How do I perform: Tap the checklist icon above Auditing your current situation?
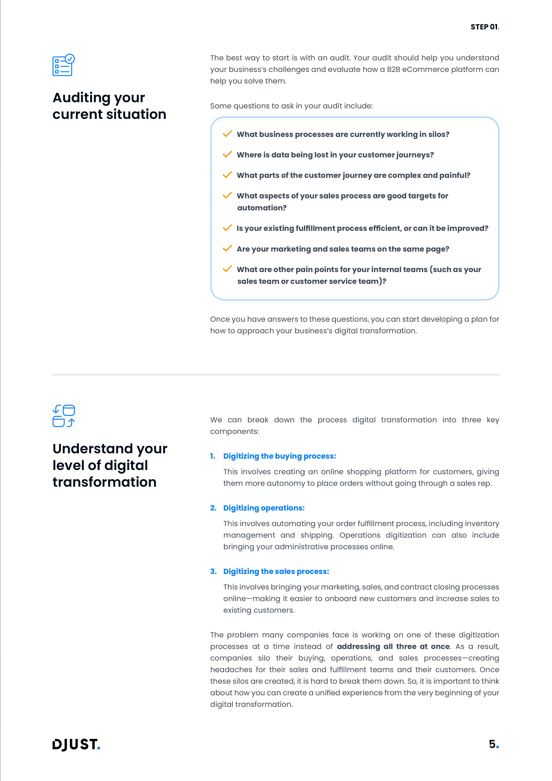[x=64, y=65]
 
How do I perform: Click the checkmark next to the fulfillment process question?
[x=227, y=228]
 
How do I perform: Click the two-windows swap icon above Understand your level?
[x=64, y=416]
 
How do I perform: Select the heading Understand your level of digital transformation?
[x=110, y=465]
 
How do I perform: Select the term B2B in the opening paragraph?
[x=393, y=69]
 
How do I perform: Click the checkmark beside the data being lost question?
[x=227, y=155]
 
